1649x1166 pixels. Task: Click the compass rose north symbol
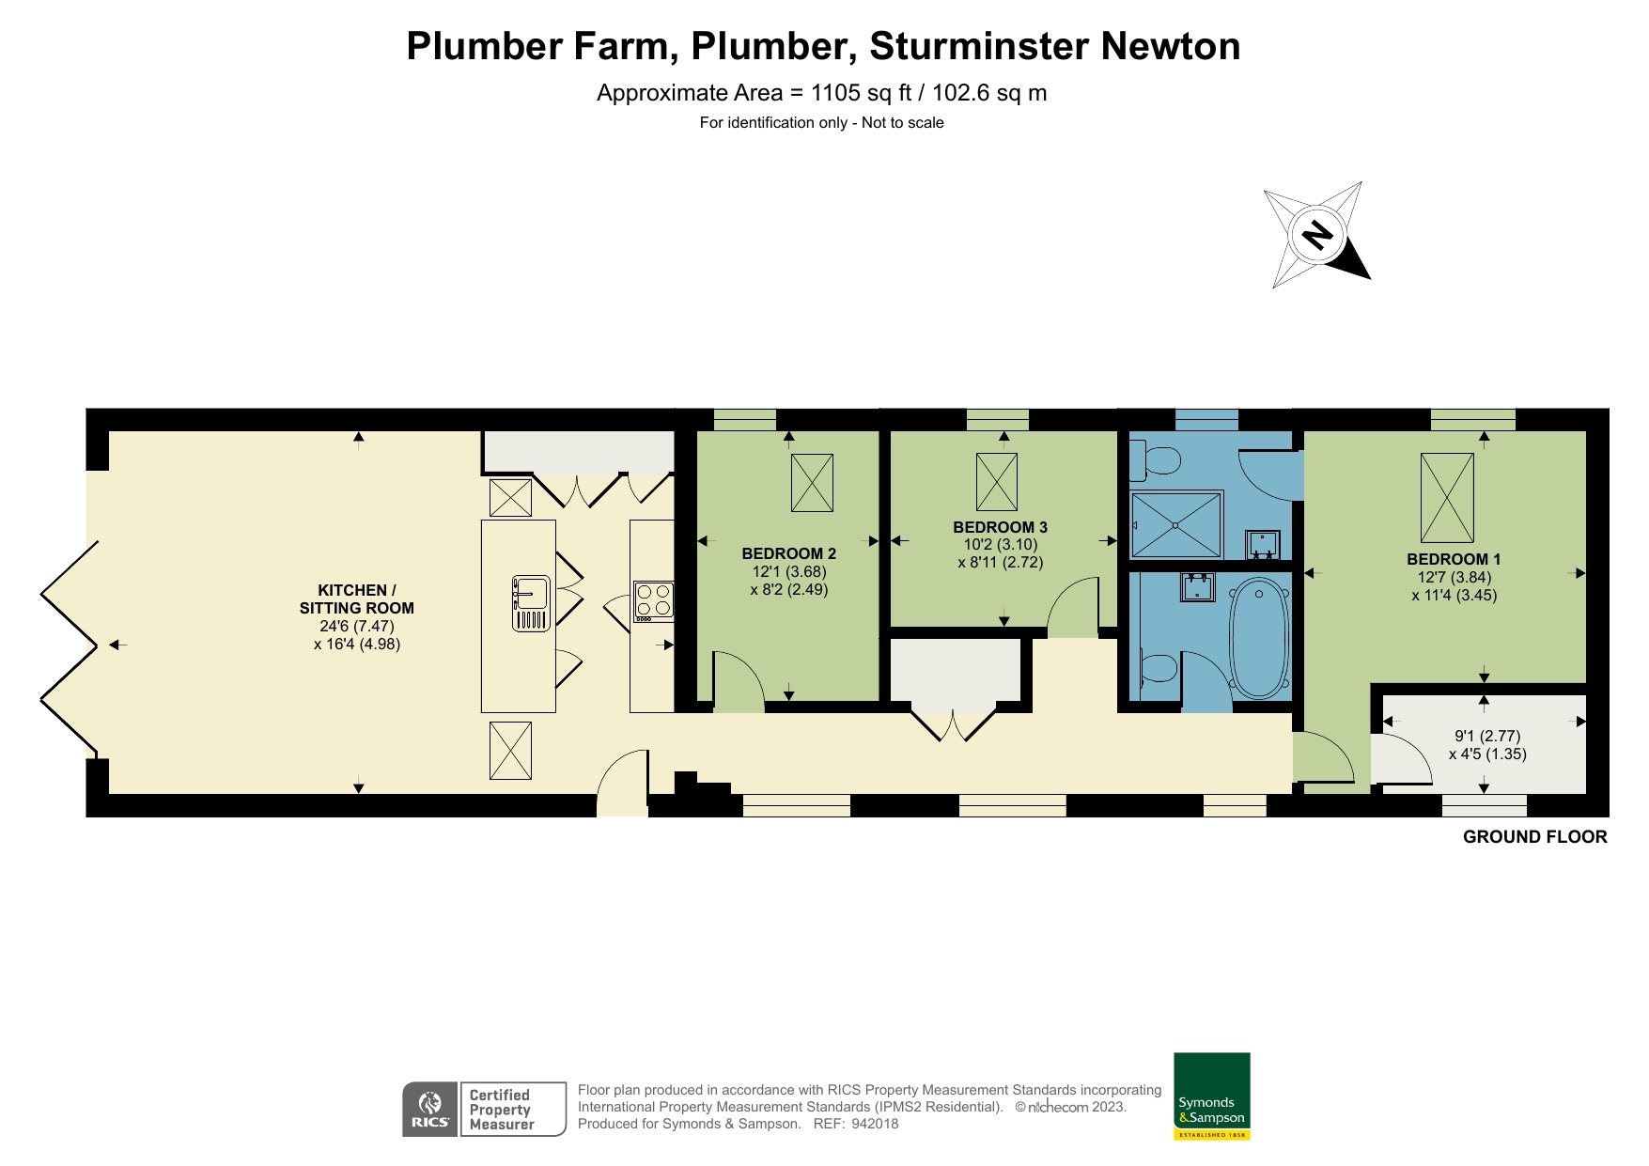1318,234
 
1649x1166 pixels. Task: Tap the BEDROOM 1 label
1454,559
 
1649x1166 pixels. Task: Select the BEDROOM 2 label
788,553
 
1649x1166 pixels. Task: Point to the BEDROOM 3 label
1000,527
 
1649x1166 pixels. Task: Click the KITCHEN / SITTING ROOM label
356,599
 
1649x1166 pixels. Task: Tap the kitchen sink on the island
531,602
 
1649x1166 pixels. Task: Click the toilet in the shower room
1158,460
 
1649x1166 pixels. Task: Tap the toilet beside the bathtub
1158,668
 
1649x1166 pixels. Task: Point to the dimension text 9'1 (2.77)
1487,736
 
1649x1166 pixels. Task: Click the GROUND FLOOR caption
1534,836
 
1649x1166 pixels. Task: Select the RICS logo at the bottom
430,1110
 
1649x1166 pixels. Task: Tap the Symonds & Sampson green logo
1211,1096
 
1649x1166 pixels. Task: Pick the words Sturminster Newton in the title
1054,46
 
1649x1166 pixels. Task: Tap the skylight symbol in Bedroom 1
1447,497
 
